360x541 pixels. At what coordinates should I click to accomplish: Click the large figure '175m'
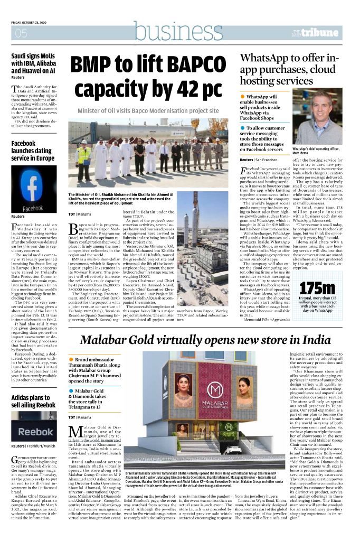point(317,288)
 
